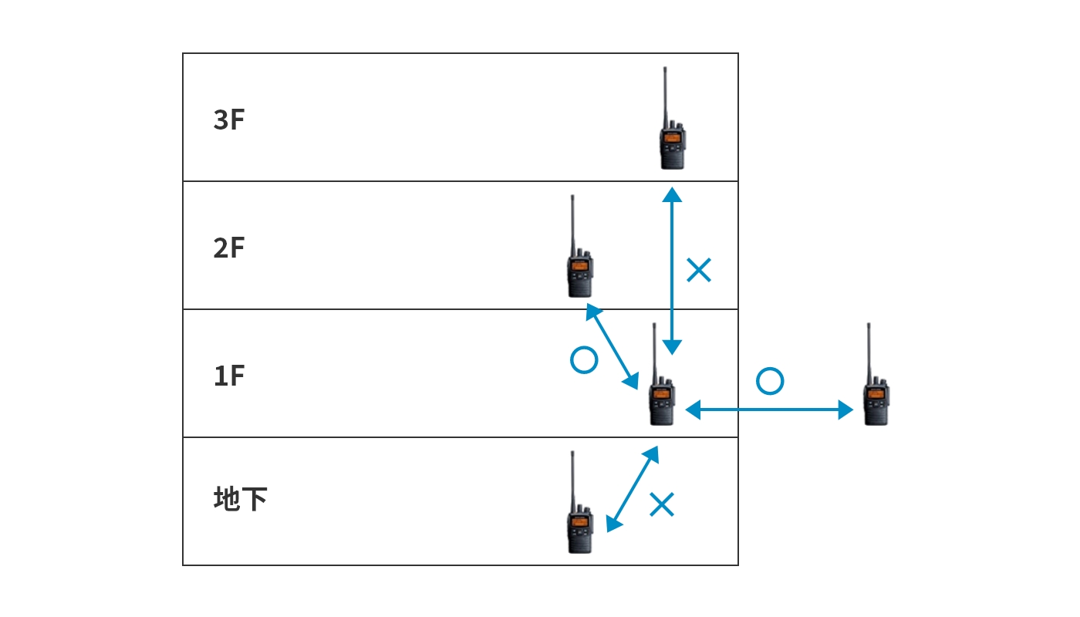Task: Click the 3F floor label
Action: pyautogui.click(x=229, y=120)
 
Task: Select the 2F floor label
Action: pyautogui.click(x=229, y=248)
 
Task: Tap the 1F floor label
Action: pyautogui.click(x=229, y=376)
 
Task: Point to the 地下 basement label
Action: pyautogui.click(x=240, y=498)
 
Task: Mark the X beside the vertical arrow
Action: pyautogui.click(x=699, y=270)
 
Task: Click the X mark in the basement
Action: pyautogui.click(x=662, y=504)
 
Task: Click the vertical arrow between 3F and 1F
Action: pyautogui.click(x=672, y=271)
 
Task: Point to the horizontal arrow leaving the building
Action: pyautogui.click(x=769, y=410)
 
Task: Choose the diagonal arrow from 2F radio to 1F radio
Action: pyautogui.click(x=613, y=346)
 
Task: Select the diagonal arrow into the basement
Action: pyautogui.click(x=632, y=489)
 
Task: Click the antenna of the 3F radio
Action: pyautogui.click(x=665, y=96)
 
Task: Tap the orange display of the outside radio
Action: pyautogui.click(x=876, y=394)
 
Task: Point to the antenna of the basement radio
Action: pyautogui.click(x=572, y=480)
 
